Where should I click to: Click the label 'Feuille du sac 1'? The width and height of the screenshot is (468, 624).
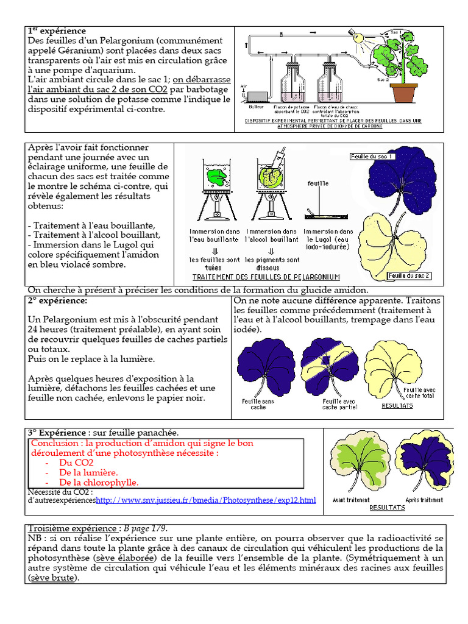coord(373,157)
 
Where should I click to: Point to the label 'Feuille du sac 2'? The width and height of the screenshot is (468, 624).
coord(409,275)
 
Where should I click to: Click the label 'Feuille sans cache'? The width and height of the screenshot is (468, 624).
coord(258,405)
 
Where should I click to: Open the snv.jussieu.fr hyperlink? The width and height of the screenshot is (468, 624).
coord(206,500)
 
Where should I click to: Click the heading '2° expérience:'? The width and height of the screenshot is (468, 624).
coord(57,301)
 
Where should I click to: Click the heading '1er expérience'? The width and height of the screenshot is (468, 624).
coord(57,30)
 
